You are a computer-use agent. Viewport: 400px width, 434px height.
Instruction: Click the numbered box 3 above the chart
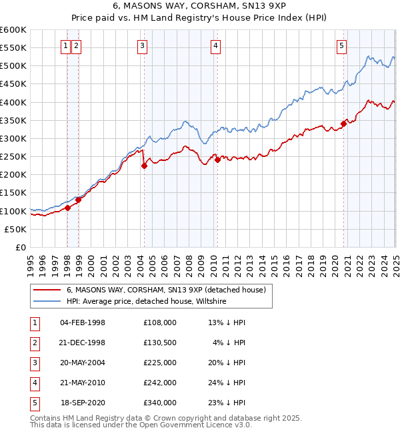point(143,46)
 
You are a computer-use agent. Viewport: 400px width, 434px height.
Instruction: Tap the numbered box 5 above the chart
point(341,46)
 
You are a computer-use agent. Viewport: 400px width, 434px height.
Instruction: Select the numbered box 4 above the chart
point(217,46)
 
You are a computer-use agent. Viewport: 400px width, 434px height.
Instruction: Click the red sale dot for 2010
point(217,160)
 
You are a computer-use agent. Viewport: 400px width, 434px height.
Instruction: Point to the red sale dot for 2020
point(343,124)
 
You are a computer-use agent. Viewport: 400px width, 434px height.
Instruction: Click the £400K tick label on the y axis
point(13,102)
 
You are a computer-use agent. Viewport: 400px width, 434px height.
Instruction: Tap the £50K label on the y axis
point(16,229)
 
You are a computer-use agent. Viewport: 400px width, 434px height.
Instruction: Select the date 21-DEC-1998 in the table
point(83,343)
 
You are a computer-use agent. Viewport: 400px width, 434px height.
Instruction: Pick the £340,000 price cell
point(160,403)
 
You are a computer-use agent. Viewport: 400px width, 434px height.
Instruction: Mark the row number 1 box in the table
point(33,322)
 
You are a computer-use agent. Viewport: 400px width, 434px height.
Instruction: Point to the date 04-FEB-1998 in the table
point(83,322)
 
